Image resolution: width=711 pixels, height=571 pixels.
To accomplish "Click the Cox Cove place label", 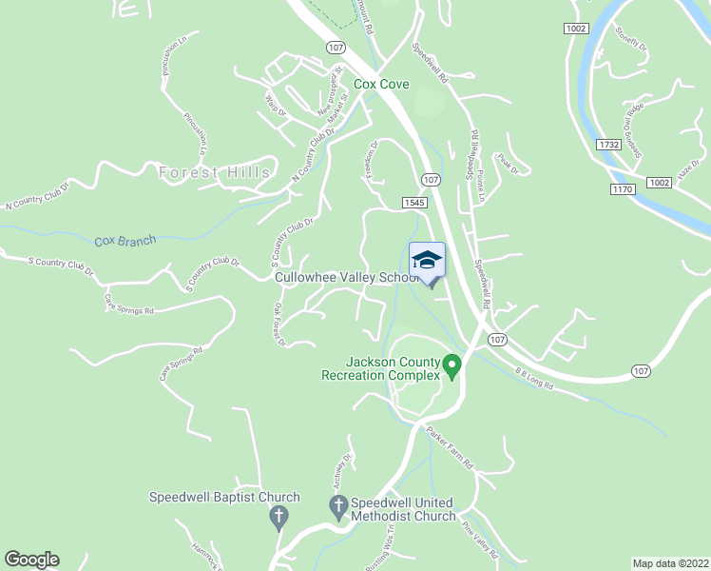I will pyautogui.click(x=381, y=85).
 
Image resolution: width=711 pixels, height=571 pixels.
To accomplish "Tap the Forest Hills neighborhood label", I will pyautogui.click(x=215, y=172).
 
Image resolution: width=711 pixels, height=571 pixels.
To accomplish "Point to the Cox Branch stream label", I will pyautogui.click(x=125, y=242).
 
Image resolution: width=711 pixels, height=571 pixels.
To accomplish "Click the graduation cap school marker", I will pyautogui.click(x=427, y=260).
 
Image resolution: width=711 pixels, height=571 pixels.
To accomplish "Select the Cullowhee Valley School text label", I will pyautogui.click(x=346, y=278).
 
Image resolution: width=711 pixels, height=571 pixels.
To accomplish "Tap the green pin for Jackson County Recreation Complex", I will pyautogui.click(x=453, y=365).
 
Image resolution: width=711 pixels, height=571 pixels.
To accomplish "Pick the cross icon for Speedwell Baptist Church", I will pyautogui.click(x=279, y=517).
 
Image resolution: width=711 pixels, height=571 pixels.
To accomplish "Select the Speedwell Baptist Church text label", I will pyautogui.click(x=224, y=497).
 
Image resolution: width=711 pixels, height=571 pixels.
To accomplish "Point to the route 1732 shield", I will pyautogui.click(x=610, y=145).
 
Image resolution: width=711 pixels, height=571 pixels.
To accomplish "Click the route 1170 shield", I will pyautogui.click(x=623, y=190).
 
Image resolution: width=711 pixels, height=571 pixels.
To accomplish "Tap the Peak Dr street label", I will pyautogui.click(x=509, y=164).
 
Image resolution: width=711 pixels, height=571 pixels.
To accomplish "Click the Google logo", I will pyautogui.click(x=31, y=560).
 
